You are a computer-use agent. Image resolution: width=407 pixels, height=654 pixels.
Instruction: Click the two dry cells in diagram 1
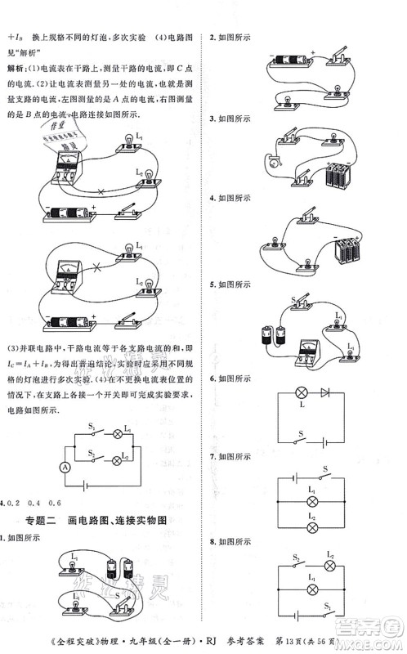pyautogui.click(x=121, y=568)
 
